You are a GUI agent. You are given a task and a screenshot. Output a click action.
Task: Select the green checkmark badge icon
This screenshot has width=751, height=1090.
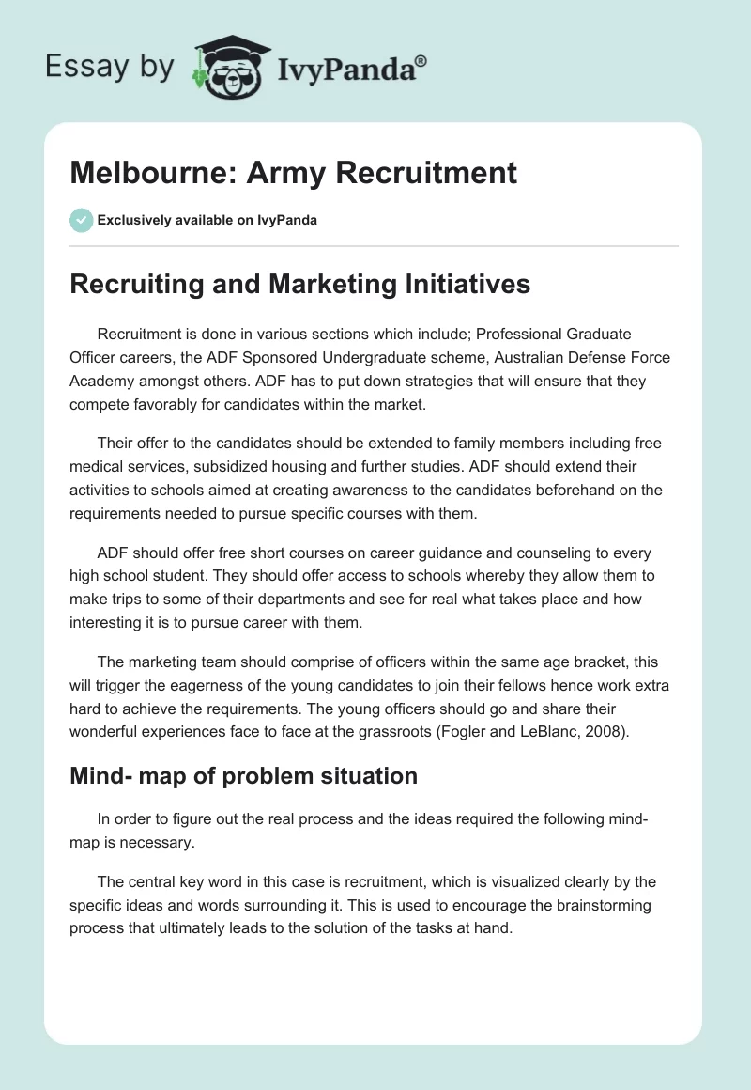(81, 220)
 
